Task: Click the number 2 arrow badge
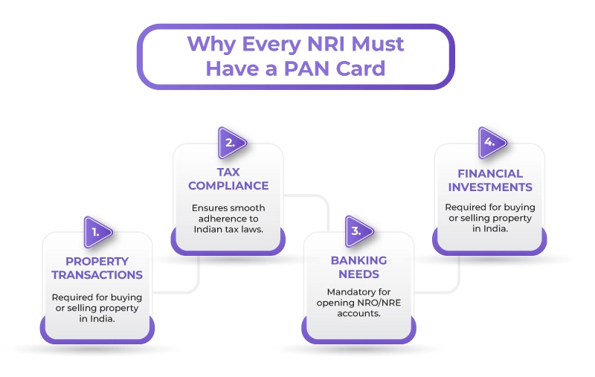point(231,141)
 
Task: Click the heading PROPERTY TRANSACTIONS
point(97,268)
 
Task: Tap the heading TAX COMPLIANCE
point(228,178)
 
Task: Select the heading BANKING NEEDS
point(358,268)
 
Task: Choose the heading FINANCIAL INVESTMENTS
point(490,179)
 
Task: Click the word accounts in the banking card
point(359,313)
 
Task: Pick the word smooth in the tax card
point(248,207)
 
